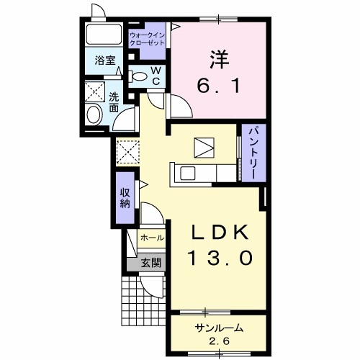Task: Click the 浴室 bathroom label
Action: pos(105,60)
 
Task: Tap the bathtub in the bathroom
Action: pos(104,34)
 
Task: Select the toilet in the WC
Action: pos(138,76)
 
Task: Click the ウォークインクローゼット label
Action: pos(147,39)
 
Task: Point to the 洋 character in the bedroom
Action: pos(220,59)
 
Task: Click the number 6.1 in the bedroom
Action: pos(218,86)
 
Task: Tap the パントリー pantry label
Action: pos(254,153)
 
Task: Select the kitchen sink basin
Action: pos(187,174)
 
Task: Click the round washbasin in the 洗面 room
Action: pos(94,114)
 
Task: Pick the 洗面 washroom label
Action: pos(114,102)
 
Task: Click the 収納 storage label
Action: pos(125,198)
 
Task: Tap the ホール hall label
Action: pos(152,238)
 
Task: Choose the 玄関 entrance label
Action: pos(150,263)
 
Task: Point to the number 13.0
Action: pos(221,258)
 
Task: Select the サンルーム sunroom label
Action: pos(219,328)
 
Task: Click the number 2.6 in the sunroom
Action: pos(220,341)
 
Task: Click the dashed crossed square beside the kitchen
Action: pos(127,152)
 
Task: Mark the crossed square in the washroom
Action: pos(95,91)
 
